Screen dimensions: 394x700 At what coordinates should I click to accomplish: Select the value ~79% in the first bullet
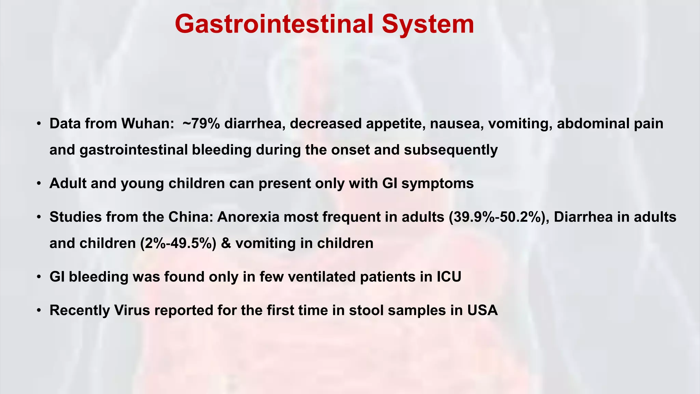coord(201,123)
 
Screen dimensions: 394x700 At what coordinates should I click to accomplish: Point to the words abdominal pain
coord(610,123)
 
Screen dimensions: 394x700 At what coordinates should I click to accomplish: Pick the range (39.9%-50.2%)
coord(499,217)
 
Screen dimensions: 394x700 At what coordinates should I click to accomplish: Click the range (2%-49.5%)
coord(178,243)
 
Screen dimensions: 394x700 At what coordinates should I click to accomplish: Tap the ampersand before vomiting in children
coord(226,243)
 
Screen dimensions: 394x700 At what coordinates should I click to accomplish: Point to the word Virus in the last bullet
coord(132,310)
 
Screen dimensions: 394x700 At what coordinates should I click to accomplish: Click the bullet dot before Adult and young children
coord(39,184)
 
